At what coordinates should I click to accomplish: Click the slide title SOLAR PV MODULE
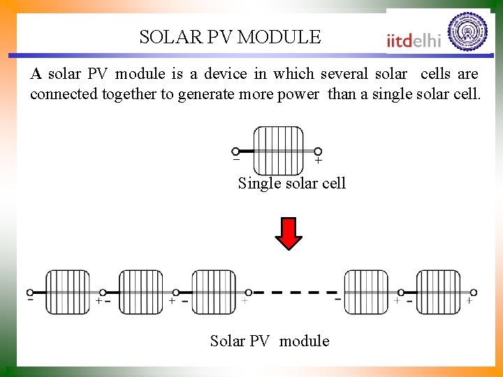click(230, 37)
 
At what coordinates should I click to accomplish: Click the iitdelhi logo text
click(414, 40)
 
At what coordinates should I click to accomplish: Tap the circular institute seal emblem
click(467, 32)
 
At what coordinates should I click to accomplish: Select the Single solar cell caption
click(291, 184)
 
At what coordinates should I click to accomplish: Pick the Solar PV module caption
click(270, 341)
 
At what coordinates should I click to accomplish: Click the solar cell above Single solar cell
click(278, 150)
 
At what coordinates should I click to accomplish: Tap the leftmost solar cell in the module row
click(68, 292)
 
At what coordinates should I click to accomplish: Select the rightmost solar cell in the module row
click(438, 292)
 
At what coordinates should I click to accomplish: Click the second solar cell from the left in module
click(140, 292)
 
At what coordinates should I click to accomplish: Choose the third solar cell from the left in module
click(213, 292)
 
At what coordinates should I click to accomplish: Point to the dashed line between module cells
click(296, 293)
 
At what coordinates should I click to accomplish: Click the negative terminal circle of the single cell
click(235, 151)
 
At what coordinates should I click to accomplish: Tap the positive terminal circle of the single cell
click(318, 151)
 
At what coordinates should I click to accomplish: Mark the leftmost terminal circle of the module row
click(30, 293)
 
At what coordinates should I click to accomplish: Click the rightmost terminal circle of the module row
click(473, 293)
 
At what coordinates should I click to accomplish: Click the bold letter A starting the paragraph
click(36, 73)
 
